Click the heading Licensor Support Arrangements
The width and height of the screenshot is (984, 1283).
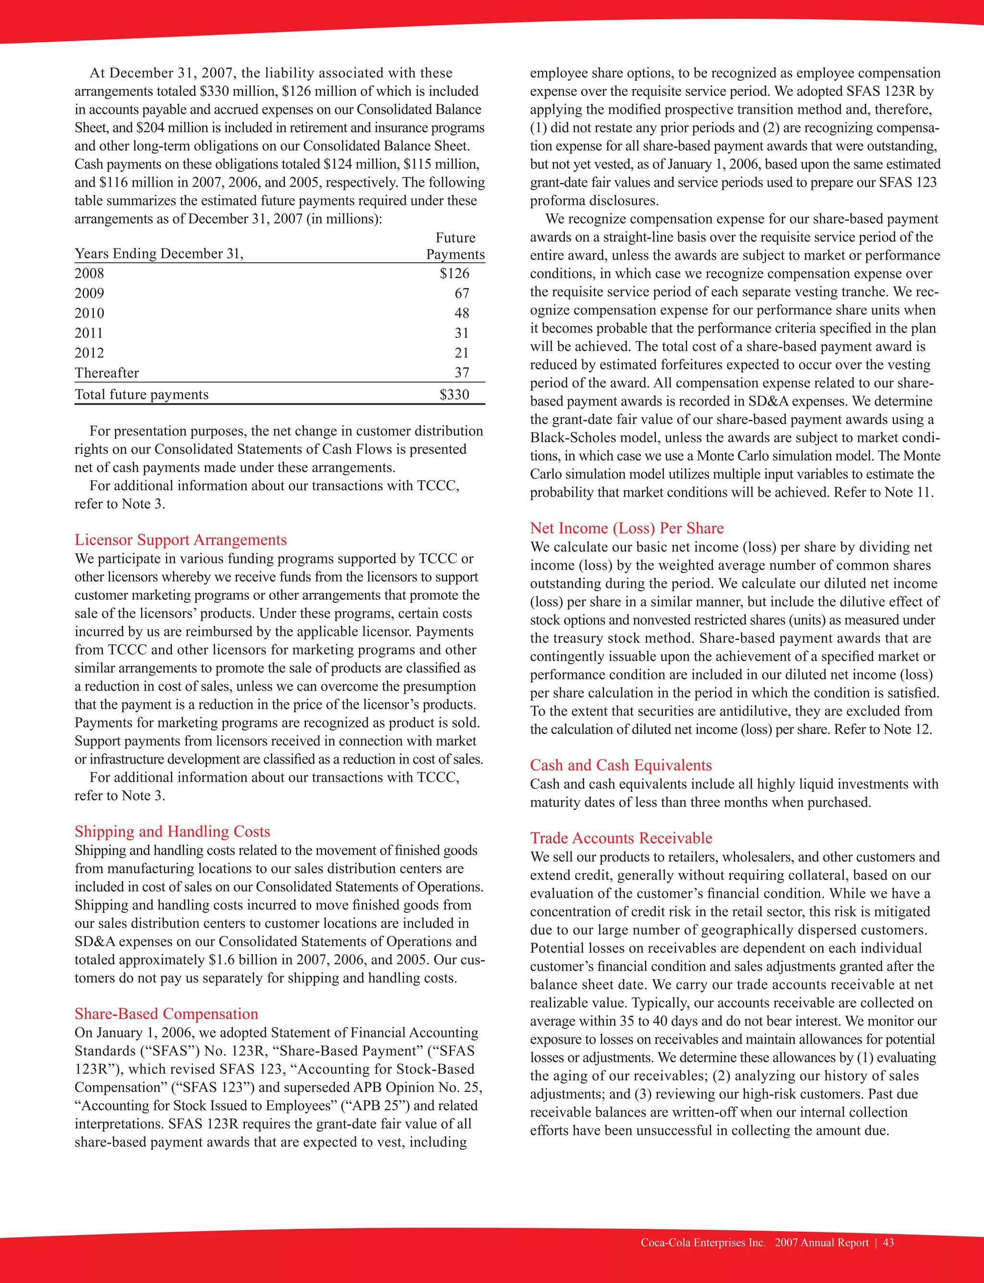180,539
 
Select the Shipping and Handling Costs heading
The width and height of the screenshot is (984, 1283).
172,831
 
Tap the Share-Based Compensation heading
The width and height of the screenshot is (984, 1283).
166,1013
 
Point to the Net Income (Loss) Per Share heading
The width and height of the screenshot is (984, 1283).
627,528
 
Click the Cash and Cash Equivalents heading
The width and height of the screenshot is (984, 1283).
621,765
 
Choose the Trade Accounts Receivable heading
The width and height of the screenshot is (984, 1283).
621,838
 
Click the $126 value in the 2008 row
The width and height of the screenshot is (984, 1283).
455,273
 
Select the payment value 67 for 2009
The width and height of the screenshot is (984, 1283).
462,293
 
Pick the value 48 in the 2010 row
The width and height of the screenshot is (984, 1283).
462,313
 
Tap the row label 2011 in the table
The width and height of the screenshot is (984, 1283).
89,333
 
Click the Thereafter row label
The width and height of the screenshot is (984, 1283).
107,373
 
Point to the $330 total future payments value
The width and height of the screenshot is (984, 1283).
455,394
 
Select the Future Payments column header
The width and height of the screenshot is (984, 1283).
455,246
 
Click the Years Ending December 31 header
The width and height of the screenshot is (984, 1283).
159,254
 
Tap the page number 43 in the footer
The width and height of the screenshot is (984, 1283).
888,1243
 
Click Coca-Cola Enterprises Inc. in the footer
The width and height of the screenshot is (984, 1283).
703,1243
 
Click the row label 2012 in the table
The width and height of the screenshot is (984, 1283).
89,353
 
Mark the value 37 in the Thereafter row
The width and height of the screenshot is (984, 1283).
462,373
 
